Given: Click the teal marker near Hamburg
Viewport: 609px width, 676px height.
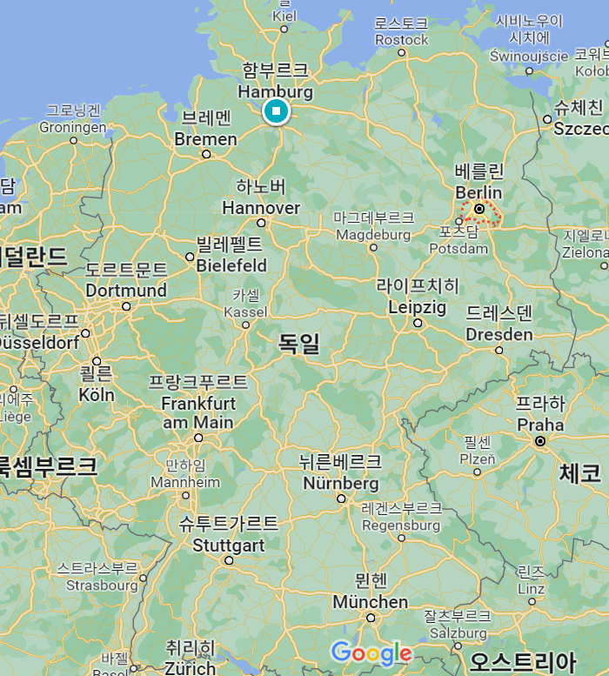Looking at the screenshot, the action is pyautogui.click(x=276, y=111).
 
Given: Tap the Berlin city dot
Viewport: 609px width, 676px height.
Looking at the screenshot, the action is pyautogui.click(x=479, y=209).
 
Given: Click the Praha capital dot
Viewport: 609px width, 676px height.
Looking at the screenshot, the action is pyautogui.click(x=540, y=441).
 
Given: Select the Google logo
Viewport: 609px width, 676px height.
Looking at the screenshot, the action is pyautogui.click(x=371, y=653).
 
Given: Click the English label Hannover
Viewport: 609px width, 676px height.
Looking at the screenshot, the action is pyautogui.click(x=261, y=208).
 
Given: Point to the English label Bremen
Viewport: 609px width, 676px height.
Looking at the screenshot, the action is pyautogui.click(x=205, y=139).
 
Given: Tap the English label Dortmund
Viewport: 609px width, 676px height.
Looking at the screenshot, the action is pyautogui.click(x=126, y=290).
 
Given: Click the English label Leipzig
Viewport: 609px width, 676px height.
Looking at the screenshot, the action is pyautogui.click(x=417, y=307).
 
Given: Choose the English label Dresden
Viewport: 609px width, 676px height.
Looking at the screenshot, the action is pyautogui.click(x=499, y=335).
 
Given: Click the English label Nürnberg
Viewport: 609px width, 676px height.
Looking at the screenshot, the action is pyautogui.click(x=340, y=483).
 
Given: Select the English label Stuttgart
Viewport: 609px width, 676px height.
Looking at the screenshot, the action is pyautogui.click(x=229, y=545).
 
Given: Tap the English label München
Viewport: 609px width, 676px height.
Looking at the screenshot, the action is pyautogui.click(x=370, y=602).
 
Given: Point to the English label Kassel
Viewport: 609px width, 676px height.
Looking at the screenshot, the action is pyautogui.click(x=245, y=311).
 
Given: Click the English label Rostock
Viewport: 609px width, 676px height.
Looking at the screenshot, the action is pyautogui.click(x=402, y=39).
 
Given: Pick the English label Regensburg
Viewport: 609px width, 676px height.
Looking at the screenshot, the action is pyautogui.click(x=401, y=525).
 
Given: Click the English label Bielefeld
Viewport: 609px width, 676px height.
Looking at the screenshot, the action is pyautogui.click(x=231, y=265).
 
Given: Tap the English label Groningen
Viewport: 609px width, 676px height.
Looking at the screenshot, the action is pyautogui.click(x=73, y=126).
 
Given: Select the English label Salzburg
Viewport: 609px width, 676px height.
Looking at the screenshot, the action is pyautogui.click(x=457, y=633).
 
